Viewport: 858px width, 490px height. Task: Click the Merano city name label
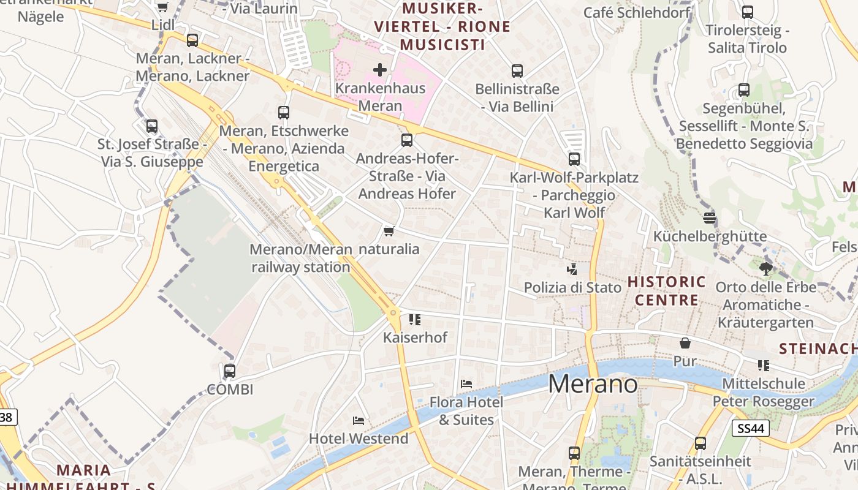point(593,384)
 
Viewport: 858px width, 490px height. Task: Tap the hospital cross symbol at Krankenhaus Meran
point(380,70)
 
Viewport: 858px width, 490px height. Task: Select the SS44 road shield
point(750,428)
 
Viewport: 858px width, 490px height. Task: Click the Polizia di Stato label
point(572,287)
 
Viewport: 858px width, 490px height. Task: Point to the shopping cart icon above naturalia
point(389,231)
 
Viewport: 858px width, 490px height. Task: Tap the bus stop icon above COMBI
point(230,371)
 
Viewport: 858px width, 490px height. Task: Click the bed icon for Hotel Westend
point(359,420)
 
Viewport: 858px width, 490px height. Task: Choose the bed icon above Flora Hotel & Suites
point(466,384)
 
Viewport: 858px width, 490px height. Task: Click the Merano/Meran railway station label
point(301,258)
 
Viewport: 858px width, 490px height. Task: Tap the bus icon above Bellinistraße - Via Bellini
point(517,71)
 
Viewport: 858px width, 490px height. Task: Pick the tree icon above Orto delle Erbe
point(765,268)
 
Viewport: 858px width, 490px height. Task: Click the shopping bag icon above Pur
point(685,343)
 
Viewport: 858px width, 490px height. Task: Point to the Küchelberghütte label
point(710,236)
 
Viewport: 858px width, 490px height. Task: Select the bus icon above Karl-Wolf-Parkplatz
point(574,159)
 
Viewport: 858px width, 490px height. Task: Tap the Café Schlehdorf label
point(636,12)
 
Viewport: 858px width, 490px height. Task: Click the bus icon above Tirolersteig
point(747,12)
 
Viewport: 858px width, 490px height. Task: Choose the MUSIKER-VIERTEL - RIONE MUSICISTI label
point(442,26)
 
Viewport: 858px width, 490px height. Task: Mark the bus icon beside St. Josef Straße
point(152,126)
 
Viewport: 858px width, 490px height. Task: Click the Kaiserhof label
point(415,337)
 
